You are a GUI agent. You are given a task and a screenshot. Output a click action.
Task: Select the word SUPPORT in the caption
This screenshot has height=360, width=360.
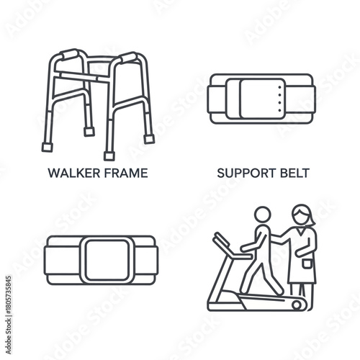(x=242, y=173)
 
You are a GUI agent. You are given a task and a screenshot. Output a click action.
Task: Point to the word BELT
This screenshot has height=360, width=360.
(x=292, y=173)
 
